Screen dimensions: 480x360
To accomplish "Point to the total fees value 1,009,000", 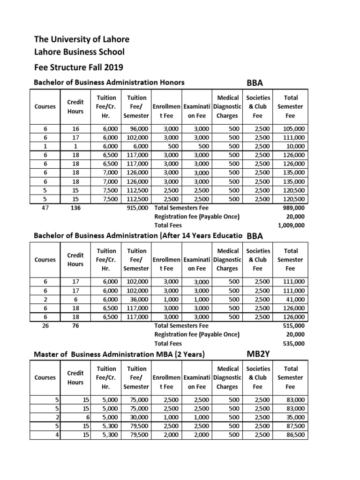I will click(291, 225).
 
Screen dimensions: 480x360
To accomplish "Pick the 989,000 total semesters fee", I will click(293, 208).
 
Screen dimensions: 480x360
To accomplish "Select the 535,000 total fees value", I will click(293, 343).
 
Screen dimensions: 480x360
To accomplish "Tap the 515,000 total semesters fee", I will click(293, 325).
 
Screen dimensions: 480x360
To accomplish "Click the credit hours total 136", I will click(75, 208).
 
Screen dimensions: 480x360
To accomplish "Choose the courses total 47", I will click(45, 208).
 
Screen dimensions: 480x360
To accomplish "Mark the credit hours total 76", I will click(75, 325).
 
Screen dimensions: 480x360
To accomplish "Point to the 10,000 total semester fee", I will click(295, 146).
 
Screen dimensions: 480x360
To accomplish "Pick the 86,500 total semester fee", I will click(295, 435).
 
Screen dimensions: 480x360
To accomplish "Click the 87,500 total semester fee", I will click(295, 426).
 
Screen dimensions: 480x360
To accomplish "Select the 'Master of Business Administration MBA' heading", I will click(120, 354).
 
